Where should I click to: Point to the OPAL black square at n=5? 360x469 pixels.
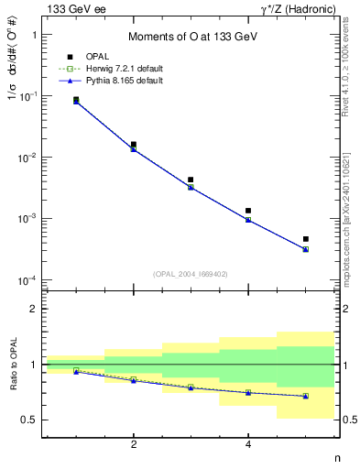point(306,239)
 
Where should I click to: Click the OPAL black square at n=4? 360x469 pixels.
point(248,211)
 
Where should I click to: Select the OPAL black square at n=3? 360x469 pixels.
point(191,180)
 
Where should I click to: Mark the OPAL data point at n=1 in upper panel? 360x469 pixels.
point(76,99)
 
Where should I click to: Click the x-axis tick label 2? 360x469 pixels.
point(134,445)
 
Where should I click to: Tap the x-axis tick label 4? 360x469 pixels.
point(248,445)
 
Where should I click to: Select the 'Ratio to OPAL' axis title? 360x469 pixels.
point(12,365)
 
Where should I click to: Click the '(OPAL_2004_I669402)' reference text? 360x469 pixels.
point(190,274)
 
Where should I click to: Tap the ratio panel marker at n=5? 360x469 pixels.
point(306,396)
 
